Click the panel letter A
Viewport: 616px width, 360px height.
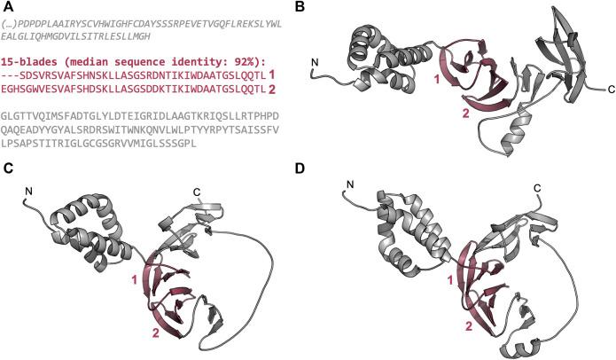click(8, 6)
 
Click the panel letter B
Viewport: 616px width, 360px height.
click(300, 6)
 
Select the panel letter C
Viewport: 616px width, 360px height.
click(8, 168)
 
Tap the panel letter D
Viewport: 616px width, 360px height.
click(300, 168)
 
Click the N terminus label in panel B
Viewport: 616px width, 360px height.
click(315, 62)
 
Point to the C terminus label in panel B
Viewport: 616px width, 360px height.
click(611, 90)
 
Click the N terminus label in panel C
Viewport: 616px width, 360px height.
click(28, 191)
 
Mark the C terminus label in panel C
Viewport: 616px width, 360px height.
click(197, 192)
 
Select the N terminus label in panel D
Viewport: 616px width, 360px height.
click(350, 184)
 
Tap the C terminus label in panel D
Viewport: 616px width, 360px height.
click(537, 189)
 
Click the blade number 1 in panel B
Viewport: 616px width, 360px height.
click(436, 80)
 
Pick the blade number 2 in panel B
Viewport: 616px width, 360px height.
click(466, 113)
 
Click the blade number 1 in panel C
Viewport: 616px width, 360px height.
click(135, 280)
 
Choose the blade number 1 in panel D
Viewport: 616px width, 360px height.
click(451, 280)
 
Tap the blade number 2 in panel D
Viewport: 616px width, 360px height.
click(469, 325)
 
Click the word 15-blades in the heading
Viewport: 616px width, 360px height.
click(24, 62)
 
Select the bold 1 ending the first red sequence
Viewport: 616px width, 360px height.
click(271, 75)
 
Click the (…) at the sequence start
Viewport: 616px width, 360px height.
click(9, 24)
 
